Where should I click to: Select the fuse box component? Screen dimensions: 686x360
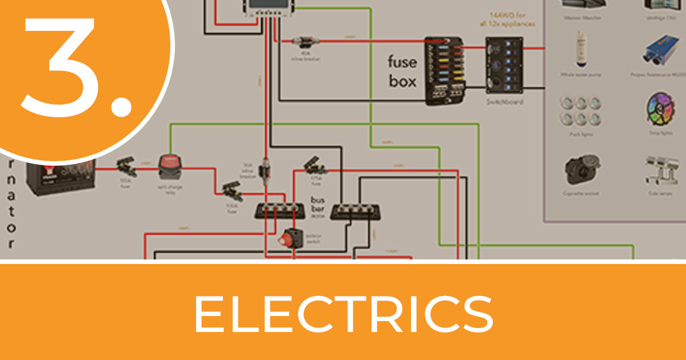445,71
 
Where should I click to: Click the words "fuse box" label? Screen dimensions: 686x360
402,71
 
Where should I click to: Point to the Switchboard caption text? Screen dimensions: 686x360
504,102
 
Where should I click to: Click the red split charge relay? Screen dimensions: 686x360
170,167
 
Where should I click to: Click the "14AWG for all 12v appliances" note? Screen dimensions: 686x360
508,19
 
